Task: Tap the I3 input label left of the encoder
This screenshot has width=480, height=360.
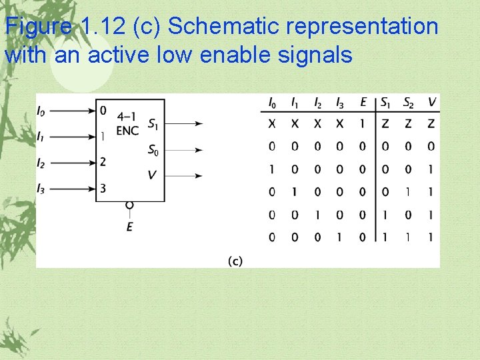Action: click(41, 188)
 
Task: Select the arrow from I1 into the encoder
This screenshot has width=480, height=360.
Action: click(74, 137)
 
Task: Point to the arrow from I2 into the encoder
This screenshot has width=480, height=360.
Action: click(74, 163)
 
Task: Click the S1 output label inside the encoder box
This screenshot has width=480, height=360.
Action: click(153, 123)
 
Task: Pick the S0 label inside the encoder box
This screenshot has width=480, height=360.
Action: click(153, 150)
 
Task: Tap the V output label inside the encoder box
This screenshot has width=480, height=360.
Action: click(152, 175)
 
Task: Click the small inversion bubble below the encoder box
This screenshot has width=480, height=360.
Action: click(129, 205)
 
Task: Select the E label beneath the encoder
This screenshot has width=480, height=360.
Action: click(129, 227)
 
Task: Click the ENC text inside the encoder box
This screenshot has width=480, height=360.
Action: click(127, 130)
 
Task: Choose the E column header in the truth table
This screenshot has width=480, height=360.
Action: click(363, 102)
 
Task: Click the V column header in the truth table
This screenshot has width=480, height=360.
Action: click(431, 102)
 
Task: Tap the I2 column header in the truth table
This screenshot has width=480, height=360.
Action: click(317, 102)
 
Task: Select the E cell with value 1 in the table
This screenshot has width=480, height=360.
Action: click(363, 124)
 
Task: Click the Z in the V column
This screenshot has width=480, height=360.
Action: click(431, 124)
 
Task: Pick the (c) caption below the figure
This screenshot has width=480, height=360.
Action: click(235, 261)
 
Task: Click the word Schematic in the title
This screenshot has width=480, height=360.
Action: click(211, 27)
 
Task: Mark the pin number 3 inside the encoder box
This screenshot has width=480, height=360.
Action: click(103, 188)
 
